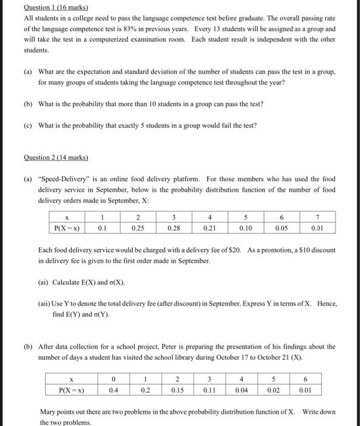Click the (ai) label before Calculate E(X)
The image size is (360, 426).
44,282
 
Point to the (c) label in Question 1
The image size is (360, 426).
28,125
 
